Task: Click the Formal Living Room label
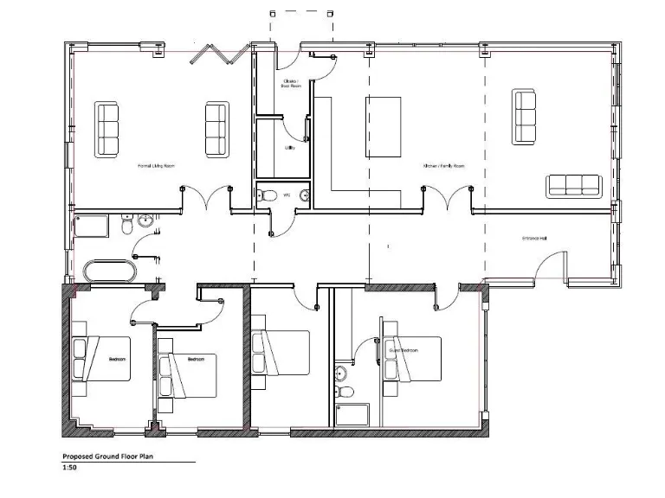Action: (157, 164)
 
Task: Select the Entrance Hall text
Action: (533, 239)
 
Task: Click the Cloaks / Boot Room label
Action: (290, 83)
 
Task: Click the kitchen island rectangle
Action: (384, 126)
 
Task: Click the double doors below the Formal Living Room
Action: (205, 200)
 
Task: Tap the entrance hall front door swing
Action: (551, 264)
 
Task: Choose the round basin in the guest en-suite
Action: (341, 373)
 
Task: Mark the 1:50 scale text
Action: (70, 468)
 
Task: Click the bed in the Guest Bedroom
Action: (411, 356)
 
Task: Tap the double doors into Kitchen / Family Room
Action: (447, 200)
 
